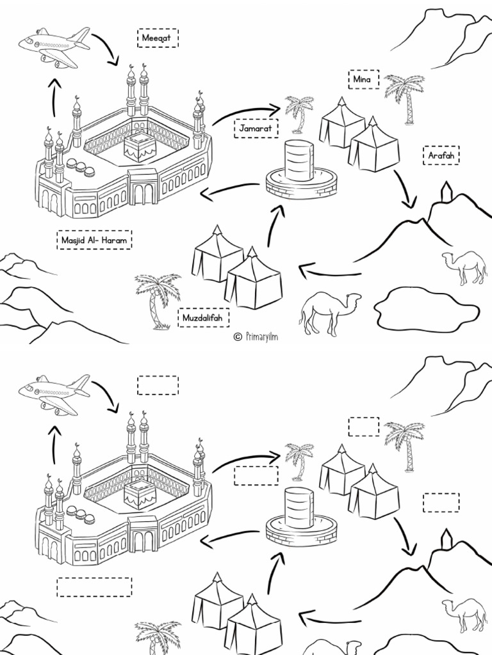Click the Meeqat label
point(158,38)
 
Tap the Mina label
point(363,79)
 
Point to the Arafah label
point(441,155)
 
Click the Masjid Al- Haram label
point(94,240)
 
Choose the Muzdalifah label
point(204,317)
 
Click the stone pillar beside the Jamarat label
point(300,162)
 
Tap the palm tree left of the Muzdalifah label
point(156,299)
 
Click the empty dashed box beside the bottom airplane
point(158,385)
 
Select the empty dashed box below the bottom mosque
point(94,587)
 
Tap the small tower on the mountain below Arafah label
point(447,191)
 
